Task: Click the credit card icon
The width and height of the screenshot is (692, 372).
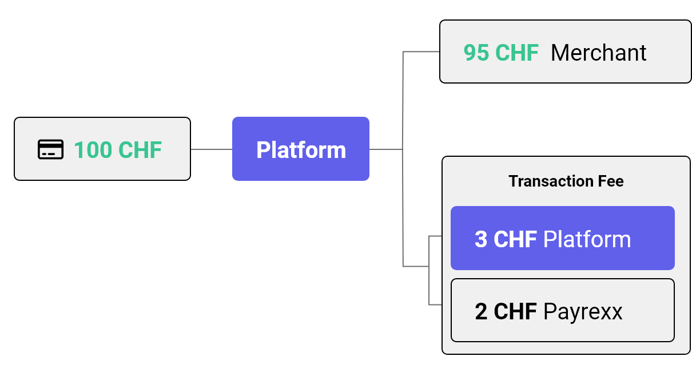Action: [51, 149]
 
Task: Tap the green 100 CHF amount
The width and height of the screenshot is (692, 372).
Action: [118, 150]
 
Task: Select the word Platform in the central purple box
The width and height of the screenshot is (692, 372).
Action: [301, 150]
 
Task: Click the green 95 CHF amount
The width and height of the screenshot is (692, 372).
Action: [501, 53]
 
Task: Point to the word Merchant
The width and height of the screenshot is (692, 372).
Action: [599, 53]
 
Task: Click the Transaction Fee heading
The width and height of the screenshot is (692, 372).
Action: [566, 181]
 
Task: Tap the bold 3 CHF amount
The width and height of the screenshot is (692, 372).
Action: [506, 239]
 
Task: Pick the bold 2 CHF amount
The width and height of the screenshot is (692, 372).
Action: [506, 311]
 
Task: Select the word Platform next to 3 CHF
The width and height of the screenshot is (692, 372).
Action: [587, 239]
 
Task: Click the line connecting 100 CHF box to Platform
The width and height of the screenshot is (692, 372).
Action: [212, 149]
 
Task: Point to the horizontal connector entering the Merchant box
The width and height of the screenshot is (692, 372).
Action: [421, 52]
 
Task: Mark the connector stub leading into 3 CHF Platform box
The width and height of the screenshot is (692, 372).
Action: [436, 236]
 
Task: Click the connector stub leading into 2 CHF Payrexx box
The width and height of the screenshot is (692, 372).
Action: [436, 305]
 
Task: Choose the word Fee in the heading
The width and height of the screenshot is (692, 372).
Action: [611, 181]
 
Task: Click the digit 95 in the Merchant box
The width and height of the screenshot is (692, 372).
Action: [476, 53]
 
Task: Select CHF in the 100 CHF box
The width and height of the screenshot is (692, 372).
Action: [140, 150]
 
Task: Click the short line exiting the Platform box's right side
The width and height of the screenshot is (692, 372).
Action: [386, 149]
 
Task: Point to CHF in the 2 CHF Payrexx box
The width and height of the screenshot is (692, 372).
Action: [515, 311]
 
